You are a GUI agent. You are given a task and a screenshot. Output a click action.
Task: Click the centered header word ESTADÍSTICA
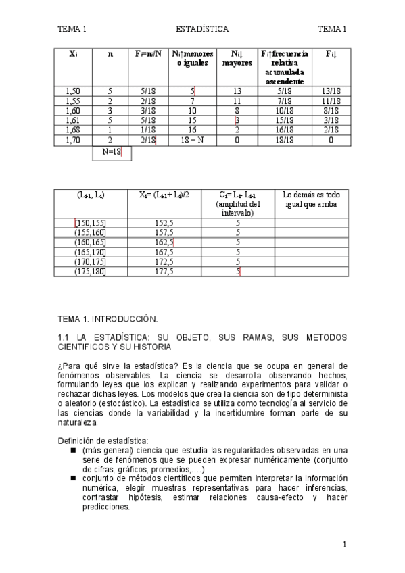201,29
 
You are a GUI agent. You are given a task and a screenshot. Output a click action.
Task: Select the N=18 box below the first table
111,153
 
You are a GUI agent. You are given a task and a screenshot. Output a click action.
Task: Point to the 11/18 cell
331,101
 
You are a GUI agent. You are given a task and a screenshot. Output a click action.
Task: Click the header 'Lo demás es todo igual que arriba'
312,199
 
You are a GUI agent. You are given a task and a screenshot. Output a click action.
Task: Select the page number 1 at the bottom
344,544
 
